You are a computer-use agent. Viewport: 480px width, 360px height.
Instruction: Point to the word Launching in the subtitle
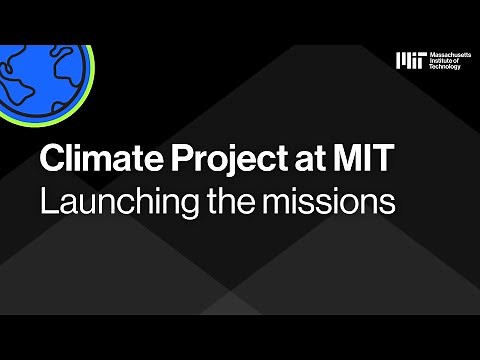pos(108,201)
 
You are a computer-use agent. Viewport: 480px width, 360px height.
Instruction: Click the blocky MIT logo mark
pos(409,61)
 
